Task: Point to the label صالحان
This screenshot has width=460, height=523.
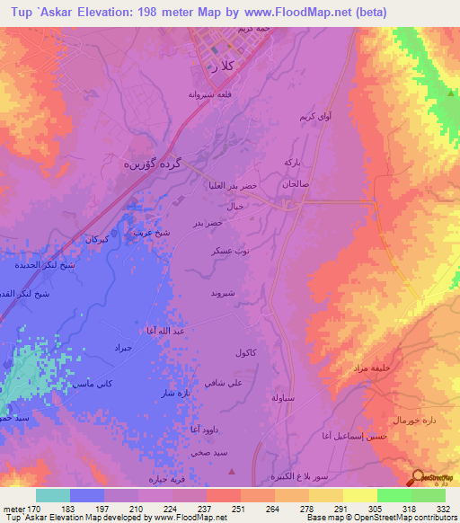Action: click(296, 183)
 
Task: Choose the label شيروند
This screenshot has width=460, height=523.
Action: click(222, 293)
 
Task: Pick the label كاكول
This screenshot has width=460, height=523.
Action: click(246, 352)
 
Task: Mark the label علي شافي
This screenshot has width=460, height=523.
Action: click(222, 383)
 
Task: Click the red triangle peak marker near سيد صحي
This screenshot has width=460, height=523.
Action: click(233, 470)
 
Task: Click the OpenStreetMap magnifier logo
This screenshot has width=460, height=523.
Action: click(419, 477)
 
